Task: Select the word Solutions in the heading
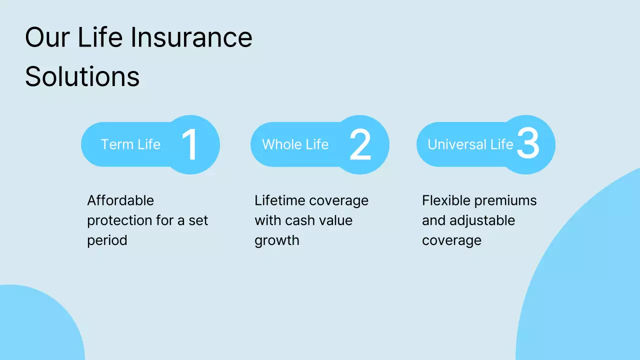click(x=82, y=76)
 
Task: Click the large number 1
click(x=190, y=145)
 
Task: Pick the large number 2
click(x=360, y=145)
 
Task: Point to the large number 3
click(x=528, y=144)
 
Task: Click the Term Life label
click(x=130, y=144)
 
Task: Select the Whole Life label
click(x=295, y=144)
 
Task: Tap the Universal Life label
click(x=470, y=144)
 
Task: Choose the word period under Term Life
click(x=107, y=240)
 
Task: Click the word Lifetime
click(x=280, y=200)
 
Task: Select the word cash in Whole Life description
click(x=299, y=220)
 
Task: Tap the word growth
click(x=276, y=240)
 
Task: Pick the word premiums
click(x=505, y=200)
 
